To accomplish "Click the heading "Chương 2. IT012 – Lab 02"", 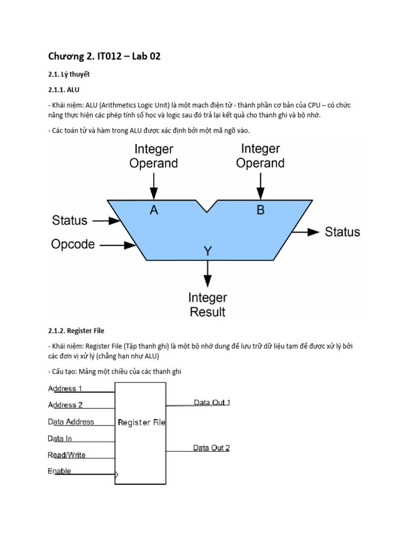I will (x=104, y=57).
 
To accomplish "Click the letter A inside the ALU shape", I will (x=154, y=210).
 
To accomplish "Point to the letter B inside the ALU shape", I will (x=261, y=210).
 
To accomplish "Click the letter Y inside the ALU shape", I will (x=207, y=250).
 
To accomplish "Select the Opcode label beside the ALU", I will (x=73, y=244).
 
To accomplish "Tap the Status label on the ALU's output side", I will (x=342, y=232).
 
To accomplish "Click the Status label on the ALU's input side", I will (x=70, y=220).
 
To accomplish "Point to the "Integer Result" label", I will (x=208, y=304).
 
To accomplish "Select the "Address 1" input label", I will (x=65, y=388).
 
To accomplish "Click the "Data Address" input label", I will (x=71, y=422).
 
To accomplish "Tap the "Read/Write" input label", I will (x=67, y=455).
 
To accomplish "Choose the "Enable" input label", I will (x=59, y=471).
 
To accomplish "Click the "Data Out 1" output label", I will (x=211, y=403).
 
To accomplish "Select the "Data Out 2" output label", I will (x=211, y=448).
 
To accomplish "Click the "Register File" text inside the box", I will (x=141, y=422).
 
